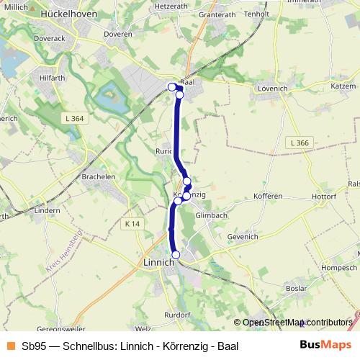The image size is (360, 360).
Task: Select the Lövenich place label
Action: (271, 89)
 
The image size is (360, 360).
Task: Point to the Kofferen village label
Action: (269, 196)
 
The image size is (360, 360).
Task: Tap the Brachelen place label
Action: (99, 176)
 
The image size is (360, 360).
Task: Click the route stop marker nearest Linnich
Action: (176, 254)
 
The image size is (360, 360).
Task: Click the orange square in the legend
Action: (11, 346)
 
